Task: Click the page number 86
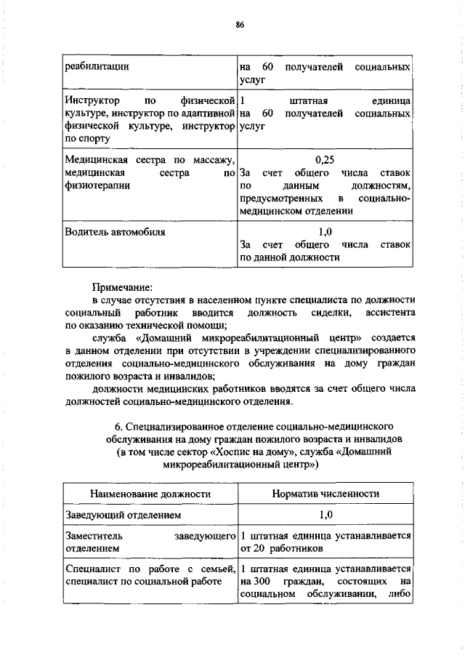239,25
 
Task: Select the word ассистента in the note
388,312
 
